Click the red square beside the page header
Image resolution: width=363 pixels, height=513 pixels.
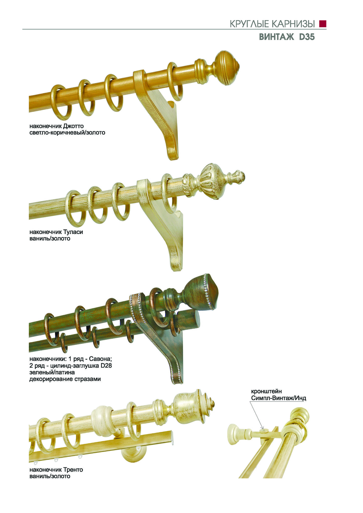(323, 24)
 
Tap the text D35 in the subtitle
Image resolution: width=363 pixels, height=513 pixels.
(306, 37)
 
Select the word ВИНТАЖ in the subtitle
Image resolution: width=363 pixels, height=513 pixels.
(276, 37)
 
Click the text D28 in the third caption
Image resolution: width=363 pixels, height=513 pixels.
(106, 366)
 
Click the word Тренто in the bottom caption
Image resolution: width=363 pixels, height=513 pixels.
(73, 469)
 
